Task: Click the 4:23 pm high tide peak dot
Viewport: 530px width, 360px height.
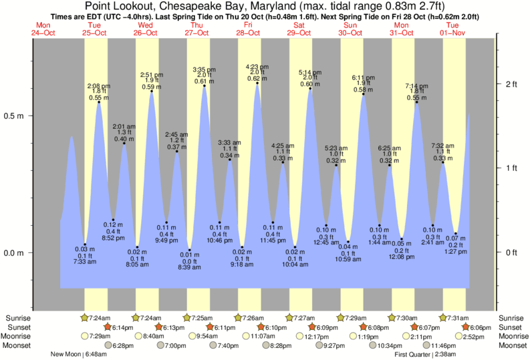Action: click(257, 83)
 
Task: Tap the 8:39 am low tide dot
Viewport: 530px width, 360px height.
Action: click(190, 250)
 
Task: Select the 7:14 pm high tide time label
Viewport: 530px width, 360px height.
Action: click(416, 86)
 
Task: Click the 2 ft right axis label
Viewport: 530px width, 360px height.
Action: click(511, 83)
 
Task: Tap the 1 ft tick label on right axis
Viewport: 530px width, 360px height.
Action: click(511, 168)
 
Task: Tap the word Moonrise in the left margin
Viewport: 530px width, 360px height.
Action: click(19, 337)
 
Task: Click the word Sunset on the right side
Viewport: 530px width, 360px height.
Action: click(511, 327)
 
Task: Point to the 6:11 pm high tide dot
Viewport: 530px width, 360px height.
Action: click(363, 94)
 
